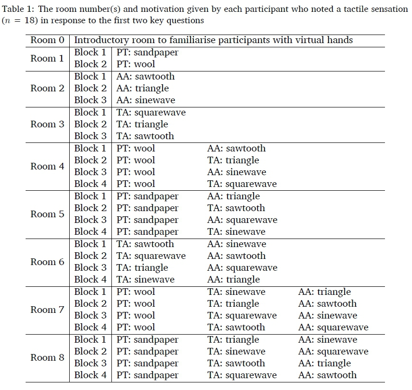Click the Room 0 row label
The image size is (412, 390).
click(x=47, y=40)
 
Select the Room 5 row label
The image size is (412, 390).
click(x=47, y=214)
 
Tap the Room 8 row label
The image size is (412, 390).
click(x=47, y=357)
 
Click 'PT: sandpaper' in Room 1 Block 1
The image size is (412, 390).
click(x=147, y=53)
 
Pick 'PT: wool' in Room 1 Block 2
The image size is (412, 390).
click(x=136, y=64)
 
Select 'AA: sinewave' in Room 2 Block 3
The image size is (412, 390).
click(x=146, y=100)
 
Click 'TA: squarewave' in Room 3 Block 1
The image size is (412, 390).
click(x=151, y=112)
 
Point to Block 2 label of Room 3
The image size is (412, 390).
click(x=90, y=124)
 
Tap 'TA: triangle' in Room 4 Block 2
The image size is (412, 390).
click(x=233, y=160)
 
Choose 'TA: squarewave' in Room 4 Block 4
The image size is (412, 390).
click(x=242, y=184)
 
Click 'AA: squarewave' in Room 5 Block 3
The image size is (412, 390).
click(x=242, y=220)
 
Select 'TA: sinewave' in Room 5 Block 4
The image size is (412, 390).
click(x=236, y=232)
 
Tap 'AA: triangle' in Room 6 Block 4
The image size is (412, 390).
click(x=234, y=280)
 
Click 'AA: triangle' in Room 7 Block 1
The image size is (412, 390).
click(x=324, y=292)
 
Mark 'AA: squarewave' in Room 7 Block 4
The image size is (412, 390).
click(x=333, y=328)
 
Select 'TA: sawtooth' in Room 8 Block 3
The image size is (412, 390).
click(x=236, y=363)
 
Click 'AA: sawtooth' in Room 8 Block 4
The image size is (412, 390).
click(x=327, y=375)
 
